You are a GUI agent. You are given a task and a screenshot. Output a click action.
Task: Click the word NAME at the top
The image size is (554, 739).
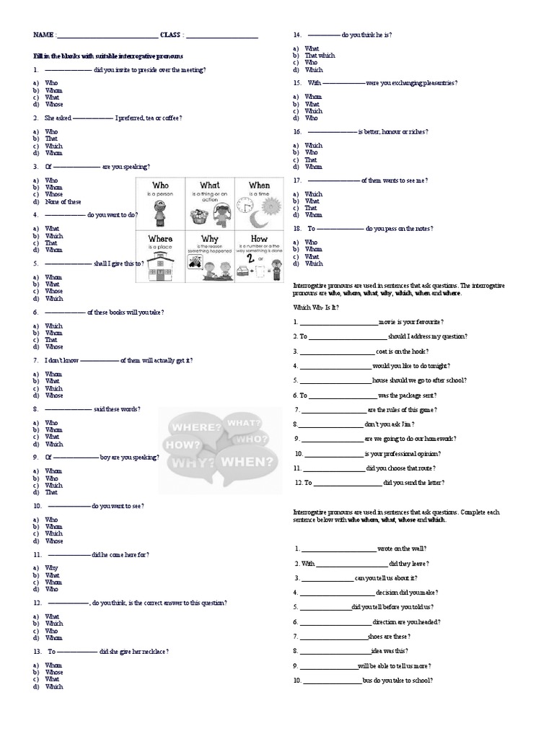42,35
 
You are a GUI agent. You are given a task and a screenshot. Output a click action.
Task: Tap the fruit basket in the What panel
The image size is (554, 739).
197,214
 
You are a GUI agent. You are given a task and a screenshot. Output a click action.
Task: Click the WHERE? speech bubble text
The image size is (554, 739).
193,427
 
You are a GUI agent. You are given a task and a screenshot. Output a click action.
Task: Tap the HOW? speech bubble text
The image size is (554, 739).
183,445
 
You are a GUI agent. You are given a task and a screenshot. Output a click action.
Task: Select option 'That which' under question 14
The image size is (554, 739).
320,56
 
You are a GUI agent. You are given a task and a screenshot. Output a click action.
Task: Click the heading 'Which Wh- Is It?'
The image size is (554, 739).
315,307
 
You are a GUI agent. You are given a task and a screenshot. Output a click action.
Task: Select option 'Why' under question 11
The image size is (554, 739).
51,568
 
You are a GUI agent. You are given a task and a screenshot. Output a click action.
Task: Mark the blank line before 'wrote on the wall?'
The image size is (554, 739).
338,549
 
